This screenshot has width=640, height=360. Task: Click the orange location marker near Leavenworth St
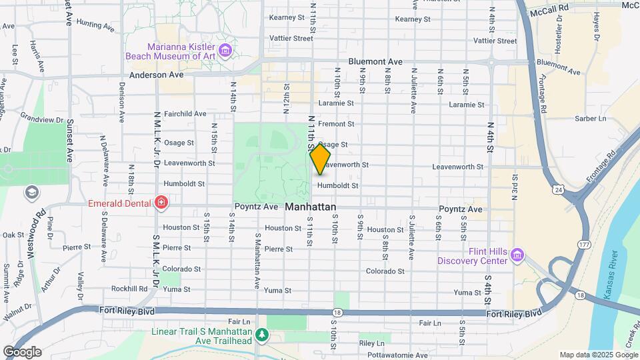[320, 160]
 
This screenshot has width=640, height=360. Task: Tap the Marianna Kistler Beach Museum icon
[225, 51]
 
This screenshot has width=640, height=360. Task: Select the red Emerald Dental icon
[160, 202]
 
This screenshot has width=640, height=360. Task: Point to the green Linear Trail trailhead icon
[263, 335]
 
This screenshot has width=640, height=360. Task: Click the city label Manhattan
[310, 207]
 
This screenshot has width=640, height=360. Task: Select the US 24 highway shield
[557, 191]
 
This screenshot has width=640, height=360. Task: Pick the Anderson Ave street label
[157, 75]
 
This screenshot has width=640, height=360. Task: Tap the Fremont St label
[336, 124]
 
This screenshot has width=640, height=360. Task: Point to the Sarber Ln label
[591, 119]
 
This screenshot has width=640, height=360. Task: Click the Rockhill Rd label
[129, 289]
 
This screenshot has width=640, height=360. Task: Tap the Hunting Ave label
[95, 25]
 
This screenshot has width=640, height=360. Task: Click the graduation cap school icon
[31, 193]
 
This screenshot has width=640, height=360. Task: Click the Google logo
[22, 351]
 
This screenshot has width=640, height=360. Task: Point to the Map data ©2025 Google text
[598, 355]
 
